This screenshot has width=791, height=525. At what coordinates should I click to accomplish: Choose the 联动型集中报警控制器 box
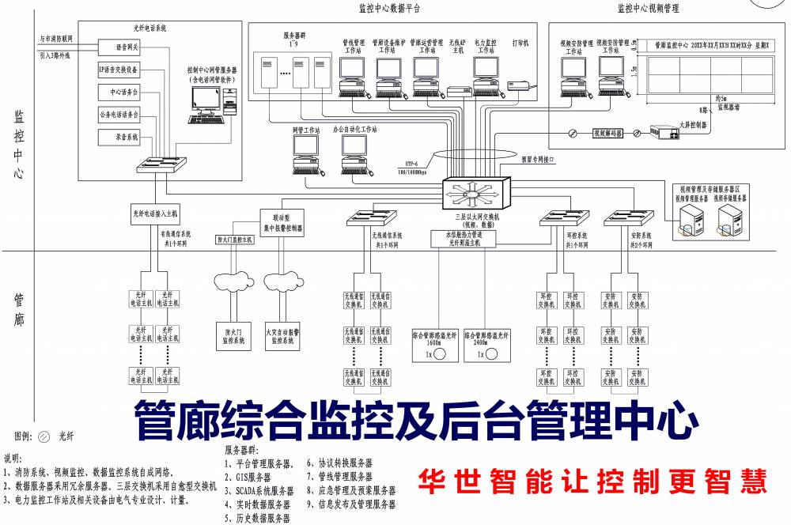(282, 221)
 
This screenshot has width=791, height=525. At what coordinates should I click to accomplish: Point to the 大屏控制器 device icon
(664, 133)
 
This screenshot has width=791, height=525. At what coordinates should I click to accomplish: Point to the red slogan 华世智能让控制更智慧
(592, 480)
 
